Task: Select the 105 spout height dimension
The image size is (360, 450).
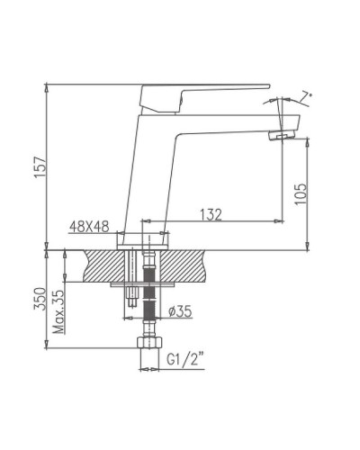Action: point(300,193)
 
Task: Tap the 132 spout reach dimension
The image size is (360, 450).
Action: point(211,214)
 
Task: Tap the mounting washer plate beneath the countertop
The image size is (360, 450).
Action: point(139,286)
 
